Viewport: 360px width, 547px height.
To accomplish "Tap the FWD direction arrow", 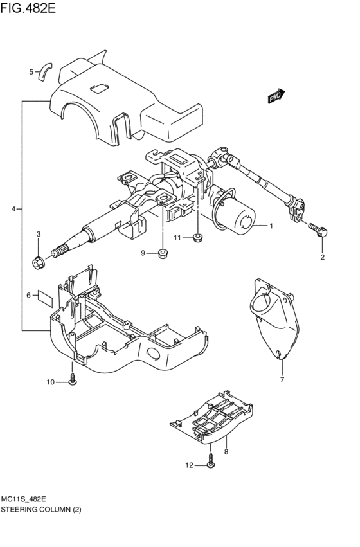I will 276,96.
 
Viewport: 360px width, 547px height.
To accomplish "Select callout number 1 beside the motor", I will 271,226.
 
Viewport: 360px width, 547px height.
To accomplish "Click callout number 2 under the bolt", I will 323,258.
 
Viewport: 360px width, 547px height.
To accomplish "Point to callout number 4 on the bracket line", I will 14,210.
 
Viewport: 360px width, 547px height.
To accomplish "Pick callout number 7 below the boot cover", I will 281,380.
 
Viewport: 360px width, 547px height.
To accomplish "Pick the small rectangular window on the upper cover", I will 100,89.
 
